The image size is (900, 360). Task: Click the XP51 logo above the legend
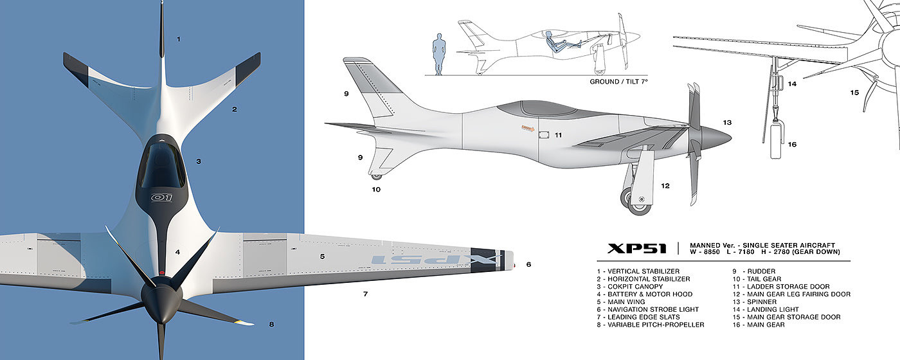tap(636, 248)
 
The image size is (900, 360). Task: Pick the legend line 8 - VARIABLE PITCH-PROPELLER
tap(650, 325)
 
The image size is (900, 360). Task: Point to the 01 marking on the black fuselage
tap(161, 198)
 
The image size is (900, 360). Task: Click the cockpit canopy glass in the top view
tap(162, 165)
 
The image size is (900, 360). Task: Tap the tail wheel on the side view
tap(376, 175)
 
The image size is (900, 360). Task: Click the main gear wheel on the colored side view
tap(639, 202)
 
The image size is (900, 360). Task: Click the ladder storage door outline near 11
tap(543, 135)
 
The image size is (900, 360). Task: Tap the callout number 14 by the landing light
tap(792, 84)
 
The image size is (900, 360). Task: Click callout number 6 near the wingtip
tap(528, 264)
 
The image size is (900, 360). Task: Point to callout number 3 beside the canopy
tap(199, 161)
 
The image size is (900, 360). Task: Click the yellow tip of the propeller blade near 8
tap(244, 322)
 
